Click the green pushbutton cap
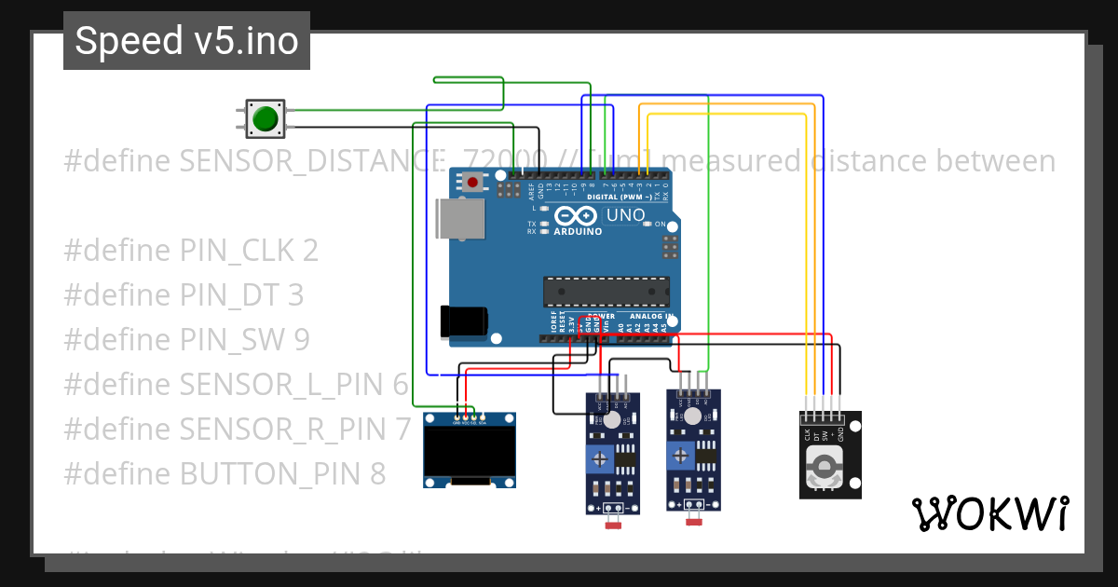(266, 118)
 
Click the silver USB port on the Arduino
(459, 219)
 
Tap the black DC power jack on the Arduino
(463, 321)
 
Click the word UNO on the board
(626, 215)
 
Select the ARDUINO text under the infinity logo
(578, 231)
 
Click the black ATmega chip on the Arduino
(606, 291)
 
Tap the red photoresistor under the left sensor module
(613, 526)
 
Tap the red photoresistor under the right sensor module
(693, 523)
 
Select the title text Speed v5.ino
(186, 41)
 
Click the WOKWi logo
(989, 512)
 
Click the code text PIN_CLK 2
(248, 251)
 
